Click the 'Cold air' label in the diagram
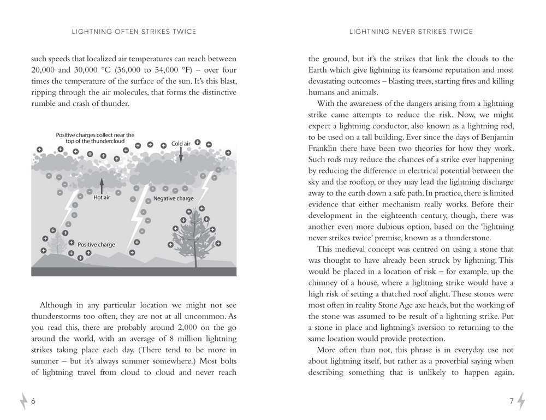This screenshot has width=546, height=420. pyautogui.click(x=180, y=144)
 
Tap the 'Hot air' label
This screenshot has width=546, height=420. pyautogui.click(x=102, y=197)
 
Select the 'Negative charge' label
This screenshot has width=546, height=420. pyautogui.click(x=173, y=199)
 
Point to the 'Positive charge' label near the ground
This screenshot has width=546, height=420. pyautogui.click(x=96, y=245)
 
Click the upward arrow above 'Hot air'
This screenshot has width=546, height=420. pyautogui.click(x=102, y=185)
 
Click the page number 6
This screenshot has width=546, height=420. pyautogui.click(x=33, y=401)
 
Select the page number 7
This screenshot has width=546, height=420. pyautogui.click(x=512, y=401)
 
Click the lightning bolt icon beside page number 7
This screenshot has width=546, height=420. pyautogui.click(x=521, y=401)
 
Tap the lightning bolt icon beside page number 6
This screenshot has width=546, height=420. pyautogui.click(x=23, y=401)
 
